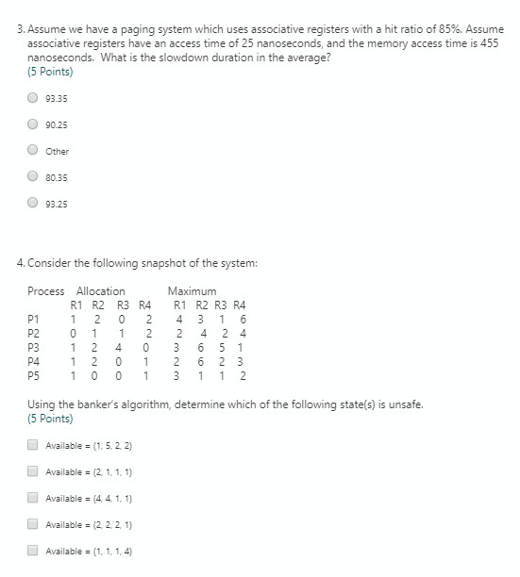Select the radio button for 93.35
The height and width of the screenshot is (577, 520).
[x=33, y=96]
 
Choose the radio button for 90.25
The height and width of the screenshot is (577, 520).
[x=33, y=124]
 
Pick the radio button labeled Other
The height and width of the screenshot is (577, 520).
[x=33, y=151]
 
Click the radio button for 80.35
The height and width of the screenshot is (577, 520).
[x=33, y=177]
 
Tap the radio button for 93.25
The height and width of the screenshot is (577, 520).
[x=33, y=204]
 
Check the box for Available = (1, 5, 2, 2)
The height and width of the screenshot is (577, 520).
[x=33, y=444]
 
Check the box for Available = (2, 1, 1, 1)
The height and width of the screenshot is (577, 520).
[x=33, y=471]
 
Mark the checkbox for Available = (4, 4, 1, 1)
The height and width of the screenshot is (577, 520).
[x=33, y=498]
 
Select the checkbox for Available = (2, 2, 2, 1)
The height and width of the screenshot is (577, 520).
[x=33, y=524]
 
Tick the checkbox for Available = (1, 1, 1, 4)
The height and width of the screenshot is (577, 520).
[x=33, y=551]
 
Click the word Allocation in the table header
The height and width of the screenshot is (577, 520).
[x=100, y=291]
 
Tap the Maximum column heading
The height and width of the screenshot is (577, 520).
[x=192, y=291]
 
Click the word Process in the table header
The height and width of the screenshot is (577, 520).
[x=46, y=291]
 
